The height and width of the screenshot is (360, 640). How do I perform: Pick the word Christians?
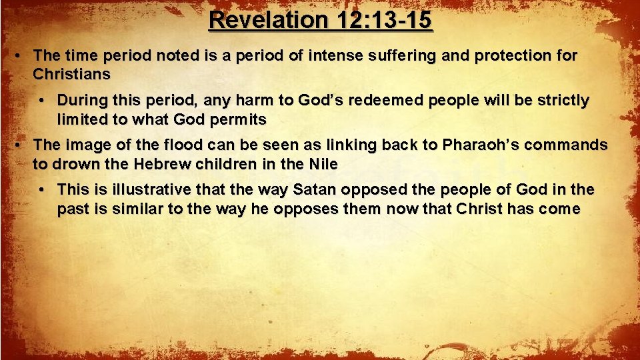[x=71, y=73]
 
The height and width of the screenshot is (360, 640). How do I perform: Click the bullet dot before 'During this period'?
[x=41, y=101]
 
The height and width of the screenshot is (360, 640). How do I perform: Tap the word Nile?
[x=323, y=164]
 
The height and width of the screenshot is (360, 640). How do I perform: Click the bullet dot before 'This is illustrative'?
[x=41, y=190]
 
